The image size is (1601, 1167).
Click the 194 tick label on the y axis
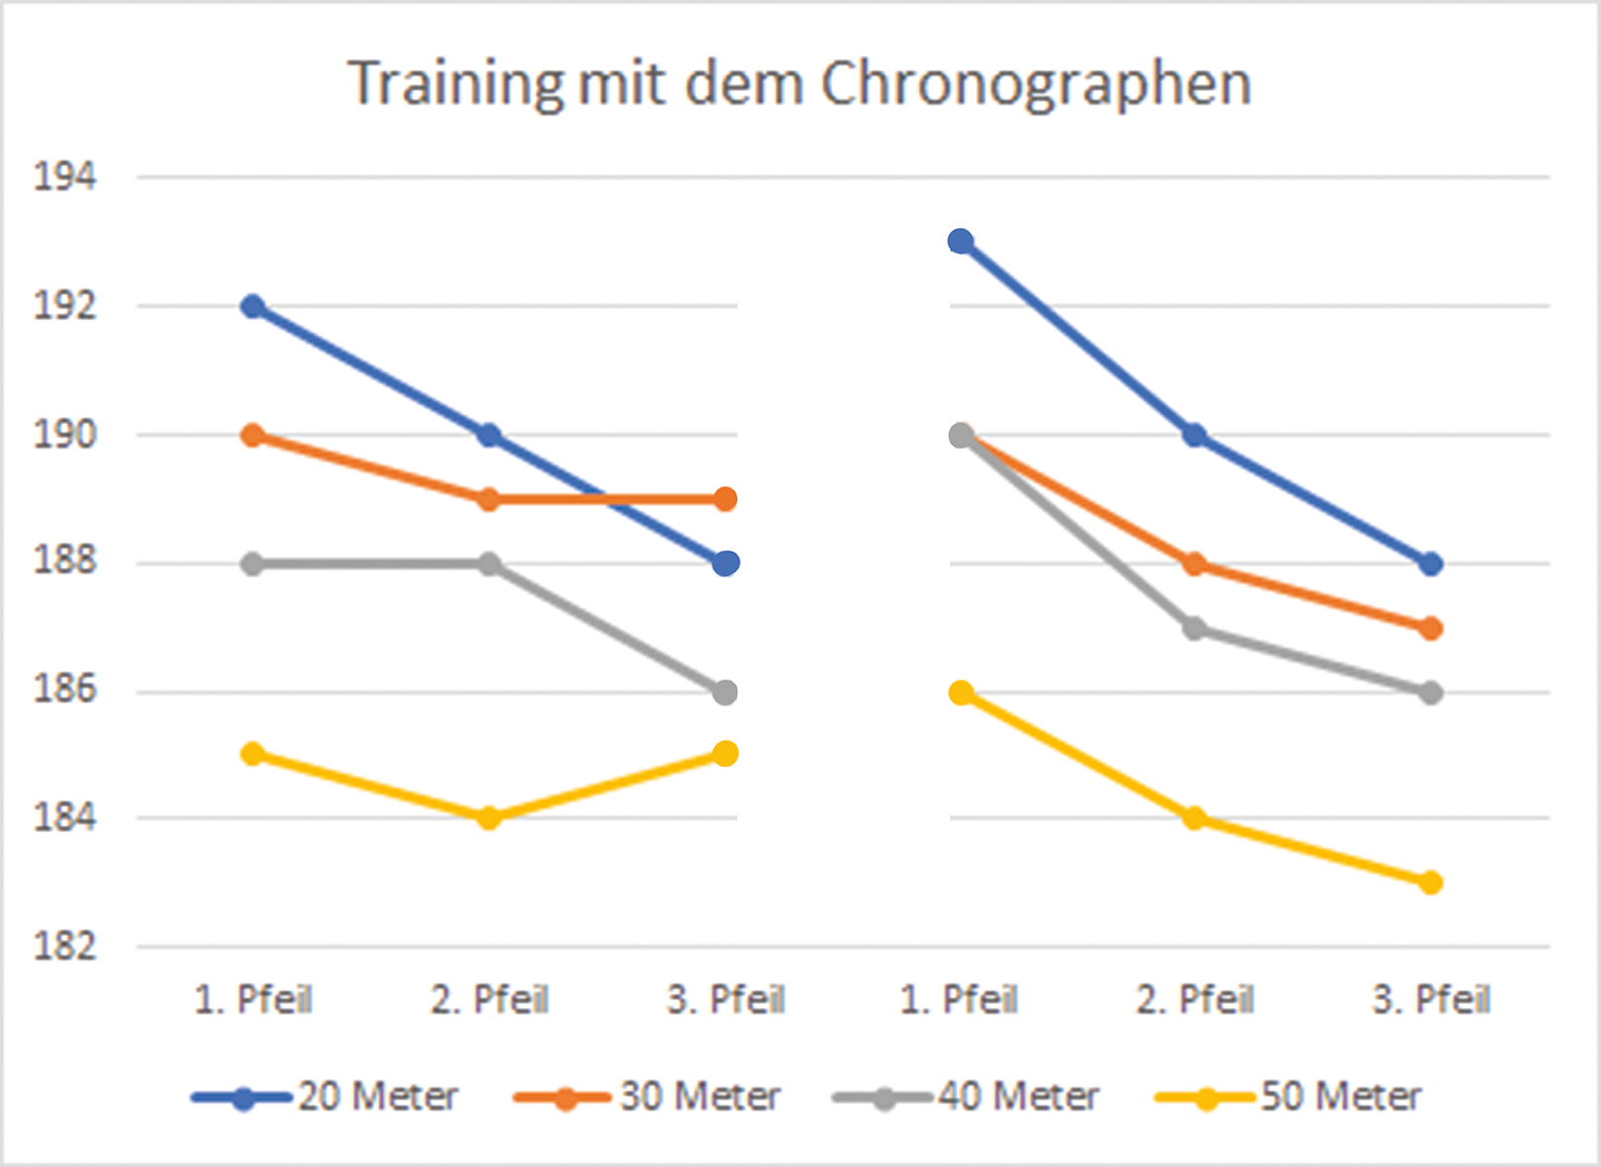(65, 178)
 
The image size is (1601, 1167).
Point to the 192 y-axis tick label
(65, 306)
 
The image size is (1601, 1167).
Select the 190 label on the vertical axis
(65, 435)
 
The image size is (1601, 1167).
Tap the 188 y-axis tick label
(65, 561)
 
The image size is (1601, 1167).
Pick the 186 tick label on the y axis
(65, 690)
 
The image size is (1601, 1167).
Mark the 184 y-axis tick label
(65, 818)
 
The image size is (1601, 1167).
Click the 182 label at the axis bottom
(65, 947)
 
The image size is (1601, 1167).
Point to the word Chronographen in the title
(1036, 83)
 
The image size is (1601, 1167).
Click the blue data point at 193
(961, 241)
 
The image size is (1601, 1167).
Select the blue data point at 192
(253, 306)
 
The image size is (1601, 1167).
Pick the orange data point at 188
(1195, 564)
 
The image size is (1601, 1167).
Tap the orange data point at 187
(1430, 628)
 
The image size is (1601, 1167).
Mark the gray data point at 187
(1195, 628)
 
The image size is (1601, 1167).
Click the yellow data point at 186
(961, 693)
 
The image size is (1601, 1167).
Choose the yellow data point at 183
(1430, 882)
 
